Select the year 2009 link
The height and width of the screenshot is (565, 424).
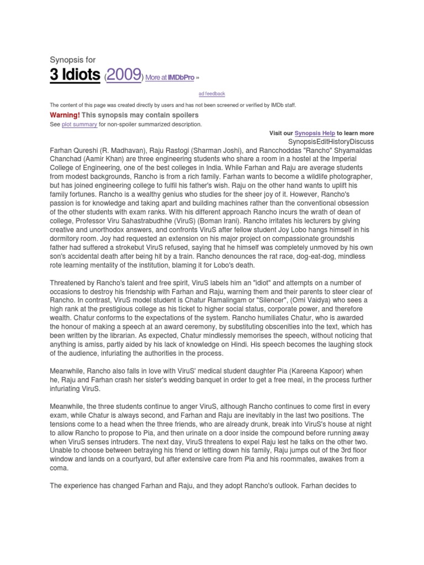point(125,75)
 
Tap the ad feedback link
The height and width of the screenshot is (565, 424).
point(212,94)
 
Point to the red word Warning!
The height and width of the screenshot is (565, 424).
point(65,115)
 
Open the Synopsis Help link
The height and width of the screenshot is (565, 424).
point(315,133)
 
